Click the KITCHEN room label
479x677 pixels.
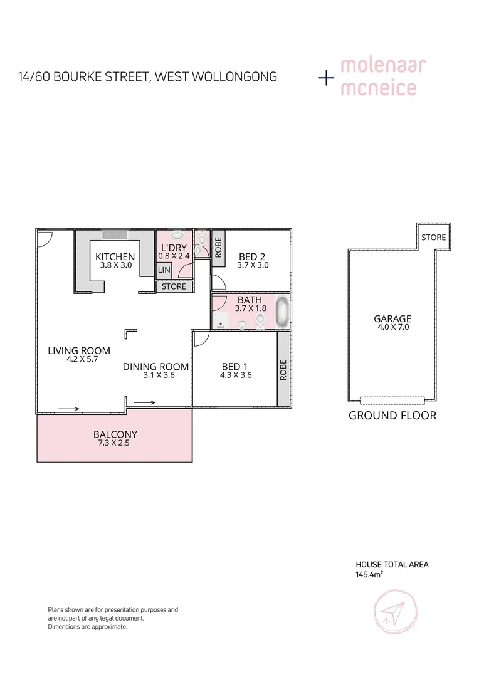coord(115,256)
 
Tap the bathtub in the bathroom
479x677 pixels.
coord(283,312)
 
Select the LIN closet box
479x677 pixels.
coord(164,270)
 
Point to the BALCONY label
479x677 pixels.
coord(115,434)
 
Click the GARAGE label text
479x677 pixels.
coord(392,318)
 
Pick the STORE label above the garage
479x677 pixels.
coord(433,238)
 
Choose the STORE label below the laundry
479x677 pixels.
coord(174,286)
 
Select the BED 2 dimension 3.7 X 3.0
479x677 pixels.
coord(253,265)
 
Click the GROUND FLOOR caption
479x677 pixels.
coord(392,416)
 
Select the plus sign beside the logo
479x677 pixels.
coord(326,78)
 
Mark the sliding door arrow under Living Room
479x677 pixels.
coord(68,409)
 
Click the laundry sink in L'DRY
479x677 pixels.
coord(177,235)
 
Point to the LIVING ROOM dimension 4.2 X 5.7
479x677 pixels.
coord(79,360)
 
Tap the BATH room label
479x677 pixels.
coord(250,300)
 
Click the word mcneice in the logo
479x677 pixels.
coord(378,88)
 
